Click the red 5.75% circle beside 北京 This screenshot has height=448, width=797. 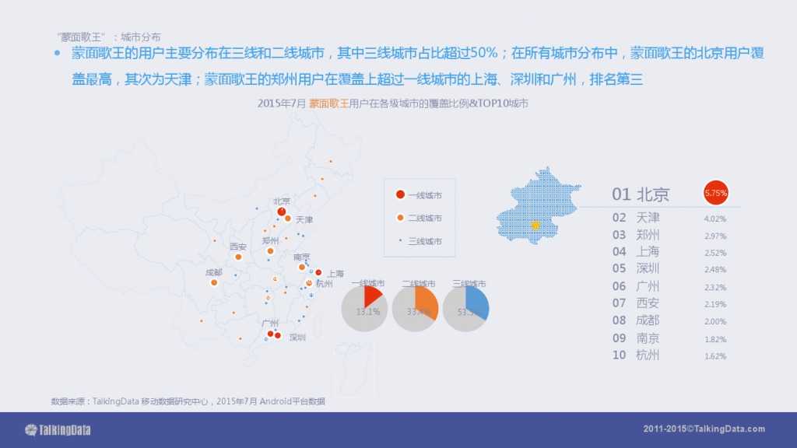click(x=715, y=192)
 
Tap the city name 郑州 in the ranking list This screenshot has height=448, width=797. click(x=648, y=234)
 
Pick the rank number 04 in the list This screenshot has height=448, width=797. click(x=619, y=251)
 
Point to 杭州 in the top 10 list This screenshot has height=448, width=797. click(x=648, y=355)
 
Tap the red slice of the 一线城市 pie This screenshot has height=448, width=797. click(x=372, y=296)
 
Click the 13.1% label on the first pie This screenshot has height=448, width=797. click(x=367, y=312)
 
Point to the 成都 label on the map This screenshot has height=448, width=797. click(x=213, y=272)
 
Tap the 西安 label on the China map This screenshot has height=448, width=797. click(x=238, y=247)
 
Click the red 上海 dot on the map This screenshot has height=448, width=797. click(x=318, y=272)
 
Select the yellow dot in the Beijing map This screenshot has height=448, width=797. click(x=535, y=226)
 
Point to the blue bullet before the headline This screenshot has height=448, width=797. click(x=56, y=54)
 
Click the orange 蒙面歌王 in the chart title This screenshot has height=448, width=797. click(x=328, y=103)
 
